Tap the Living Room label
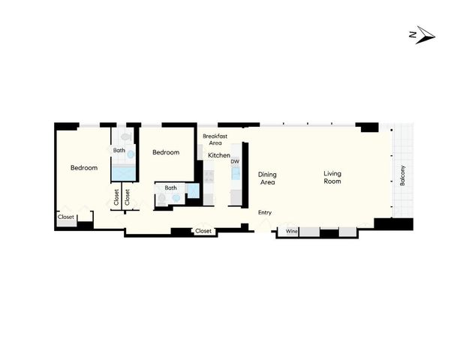point(332,178)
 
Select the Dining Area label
point(267,178)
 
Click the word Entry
point(265,213)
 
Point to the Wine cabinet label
point(291,232)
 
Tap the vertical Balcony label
point(402,175)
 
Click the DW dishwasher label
point(235,161)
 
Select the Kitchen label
point(219,155)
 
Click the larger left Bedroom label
point(84,168)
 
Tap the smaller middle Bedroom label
point(166,152)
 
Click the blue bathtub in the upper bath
point(123,173)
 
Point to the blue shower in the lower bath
point(193,191)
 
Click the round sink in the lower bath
point(176,199)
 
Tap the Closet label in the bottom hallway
point(203,231)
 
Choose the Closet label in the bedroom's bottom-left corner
point(66,217)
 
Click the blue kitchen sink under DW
point(236,175)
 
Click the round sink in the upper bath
point(131,154)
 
